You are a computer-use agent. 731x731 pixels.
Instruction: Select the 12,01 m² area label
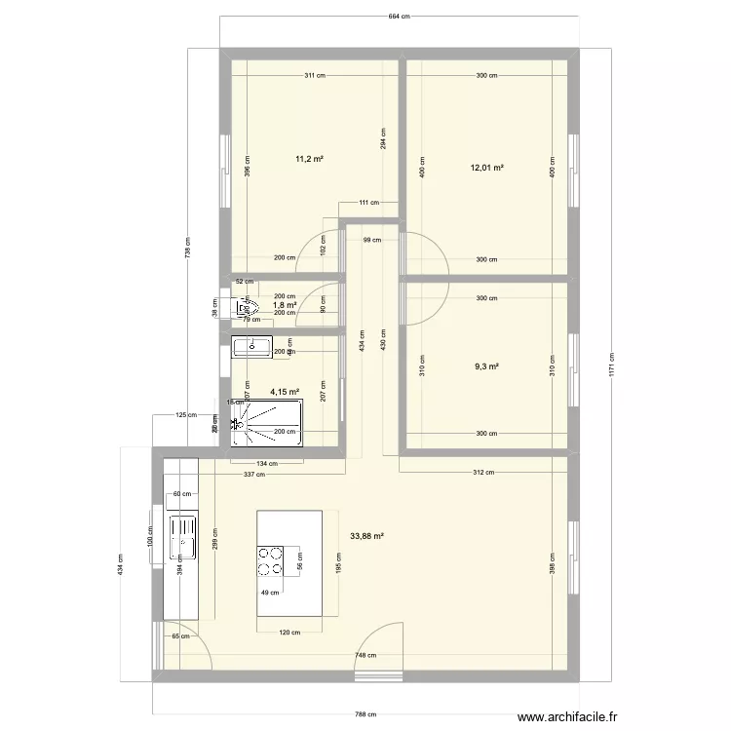(486, 168)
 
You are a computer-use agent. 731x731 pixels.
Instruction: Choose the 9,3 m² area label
(486, 366)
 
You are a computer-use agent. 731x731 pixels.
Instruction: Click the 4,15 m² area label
(285, 392)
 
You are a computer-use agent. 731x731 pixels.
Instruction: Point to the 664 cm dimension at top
(398, 18)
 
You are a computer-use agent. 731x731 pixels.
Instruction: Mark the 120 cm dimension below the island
(288, 633)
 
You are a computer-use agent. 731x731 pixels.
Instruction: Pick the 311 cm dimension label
(314, 75)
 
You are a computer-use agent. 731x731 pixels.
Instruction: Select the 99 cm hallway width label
(372, 240)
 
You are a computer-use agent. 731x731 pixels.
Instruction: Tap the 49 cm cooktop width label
(269, 592)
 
